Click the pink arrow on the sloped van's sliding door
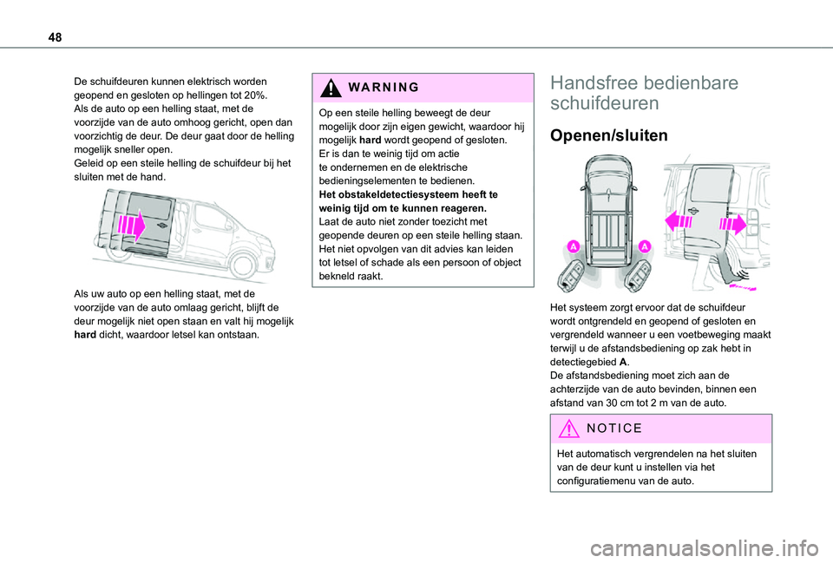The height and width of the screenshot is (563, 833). click(131, 226)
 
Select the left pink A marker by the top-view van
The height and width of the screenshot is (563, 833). click(574, 248)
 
